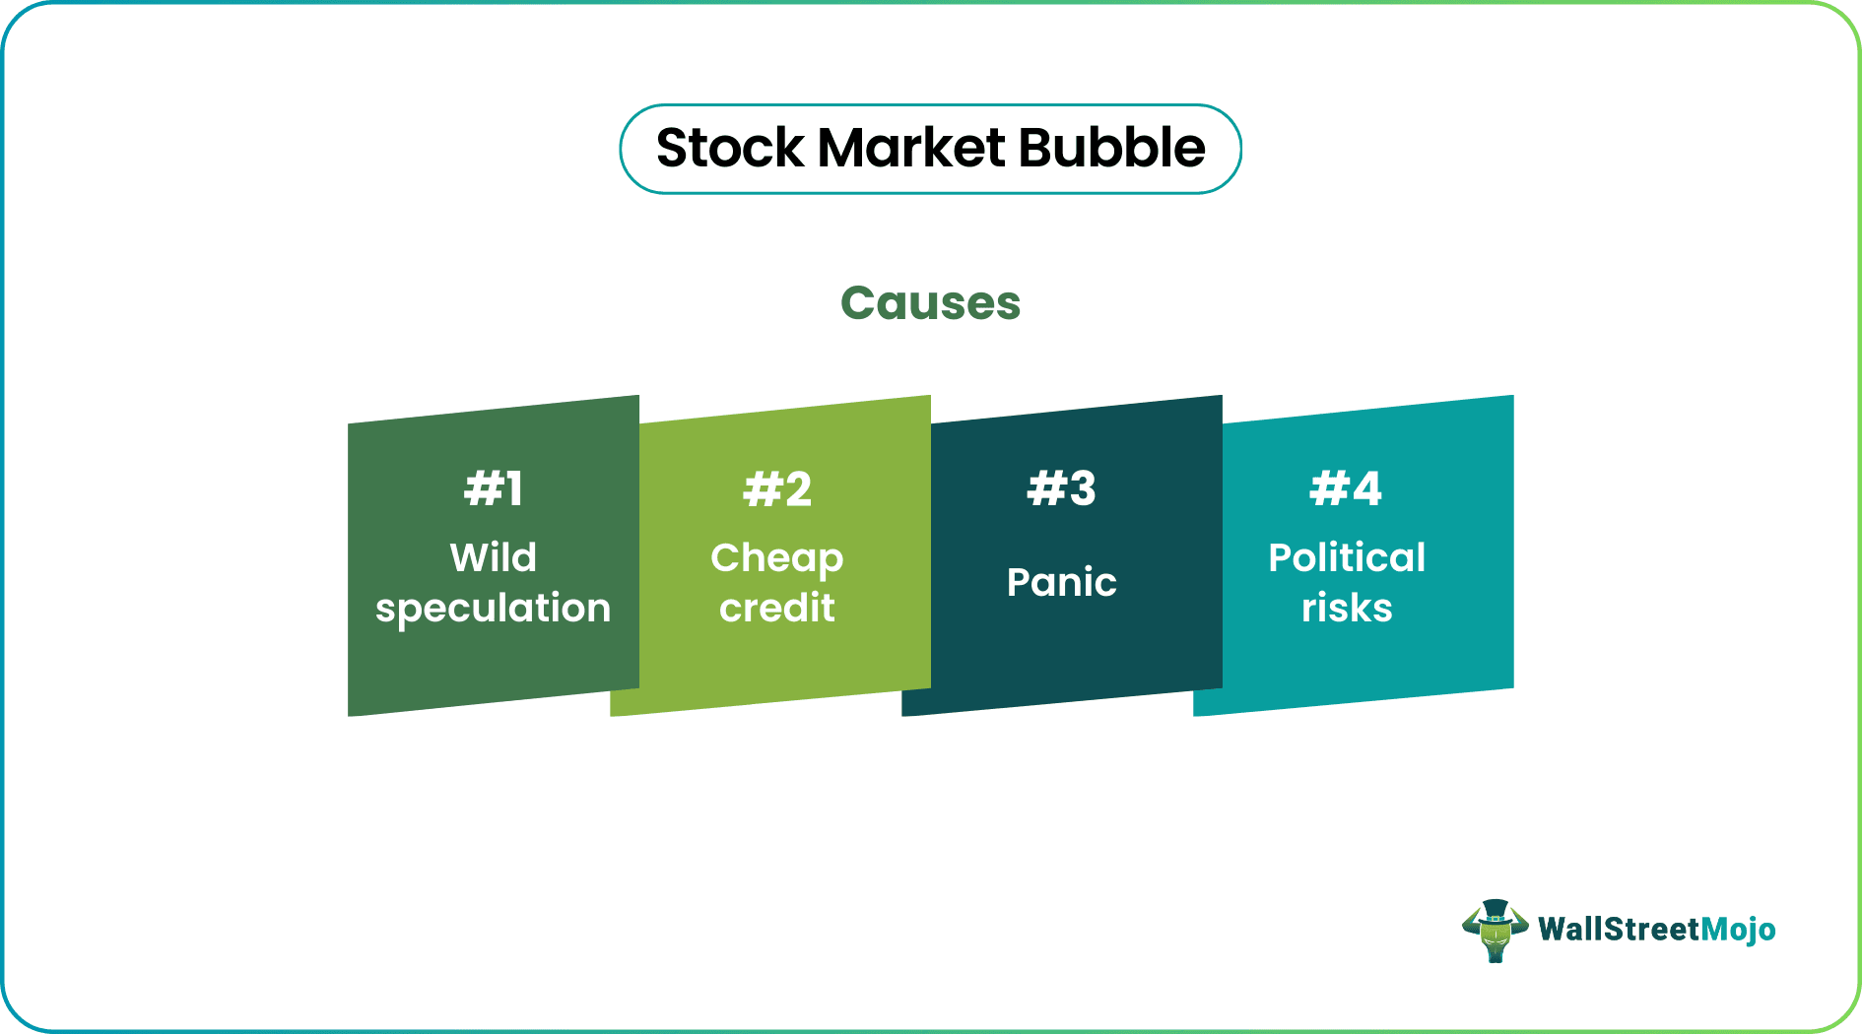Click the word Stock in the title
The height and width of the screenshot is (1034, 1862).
click(x=730, y=149)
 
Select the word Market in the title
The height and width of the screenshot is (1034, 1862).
click(x=911, y=149)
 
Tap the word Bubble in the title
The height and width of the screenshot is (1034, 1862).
click(x=1111, y=149)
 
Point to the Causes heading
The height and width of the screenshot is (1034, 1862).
click(x=930, y=303)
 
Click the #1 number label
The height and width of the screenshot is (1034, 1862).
click(x=494, y=488)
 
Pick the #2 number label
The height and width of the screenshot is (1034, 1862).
click(x=777, y=488)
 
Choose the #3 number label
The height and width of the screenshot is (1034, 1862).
click(x=1061, y=488)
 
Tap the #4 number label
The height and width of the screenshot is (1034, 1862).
click(x=1346, y=488)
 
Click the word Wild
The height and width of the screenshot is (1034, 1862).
click(x=494, y=557)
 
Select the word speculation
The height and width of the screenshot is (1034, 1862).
click(x=494, y=609)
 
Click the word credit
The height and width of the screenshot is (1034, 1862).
click(x=777, y=608)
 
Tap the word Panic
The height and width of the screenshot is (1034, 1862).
click(x=1061, y=582)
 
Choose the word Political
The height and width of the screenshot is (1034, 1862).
click(x=1347, y=557)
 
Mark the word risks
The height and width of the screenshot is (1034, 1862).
click(x=1347, y=608)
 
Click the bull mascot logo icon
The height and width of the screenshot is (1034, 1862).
click(x=1495, y=931)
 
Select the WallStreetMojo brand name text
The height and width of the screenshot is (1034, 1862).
click(x=1657, y=930)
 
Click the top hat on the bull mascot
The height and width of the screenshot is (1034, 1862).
click(x=1496, y=910)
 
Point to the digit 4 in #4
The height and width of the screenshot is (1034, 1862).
click(x=1365, y=488)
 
